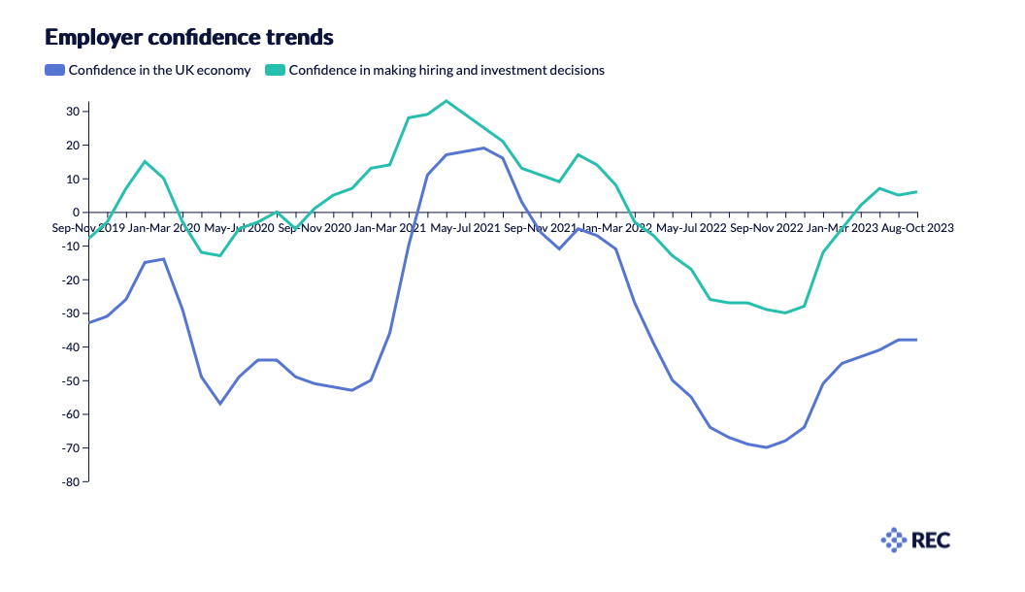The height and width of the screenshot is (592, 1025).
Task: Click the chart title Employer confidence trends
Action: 189,38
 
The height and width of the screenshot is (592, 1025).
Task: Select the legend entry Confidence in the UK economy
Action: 159,70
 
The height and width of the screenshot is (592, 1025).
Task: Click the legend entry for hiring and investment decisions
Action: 446,70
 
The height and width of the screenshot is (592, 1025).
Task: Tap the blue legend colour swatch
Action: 54,70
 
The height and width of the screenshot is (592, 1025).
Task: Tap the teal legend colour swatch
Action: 276,70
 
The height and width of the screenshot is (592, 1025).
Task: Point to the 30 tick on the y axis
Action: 72,112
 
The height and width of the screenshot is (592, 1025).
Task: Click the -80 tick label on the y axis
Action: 69,481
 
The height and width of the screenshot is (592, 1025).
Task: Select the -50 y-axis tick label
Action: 69,380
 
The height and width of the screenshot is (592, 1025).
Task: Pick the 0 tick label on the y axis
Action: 76,213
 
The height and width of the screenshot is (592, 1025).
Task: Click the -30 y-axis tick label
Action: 69,313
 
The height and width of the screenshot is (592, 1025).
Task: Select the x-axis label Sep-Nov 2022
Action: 766,228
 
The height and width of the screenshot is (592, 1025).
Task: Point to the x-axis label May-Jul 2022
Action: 691,228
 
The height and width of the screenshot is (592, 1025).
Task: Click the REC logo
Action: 915,540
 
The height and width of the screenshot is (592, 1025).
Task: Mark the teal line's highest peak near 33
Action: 446,101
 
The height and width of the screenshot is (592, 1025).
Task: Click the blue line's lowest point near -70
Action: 767,447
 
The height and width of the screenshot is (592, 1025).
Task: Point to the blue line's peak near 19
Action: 483,148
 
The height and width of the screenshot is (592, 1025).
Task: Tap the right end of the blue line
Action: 916,340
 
